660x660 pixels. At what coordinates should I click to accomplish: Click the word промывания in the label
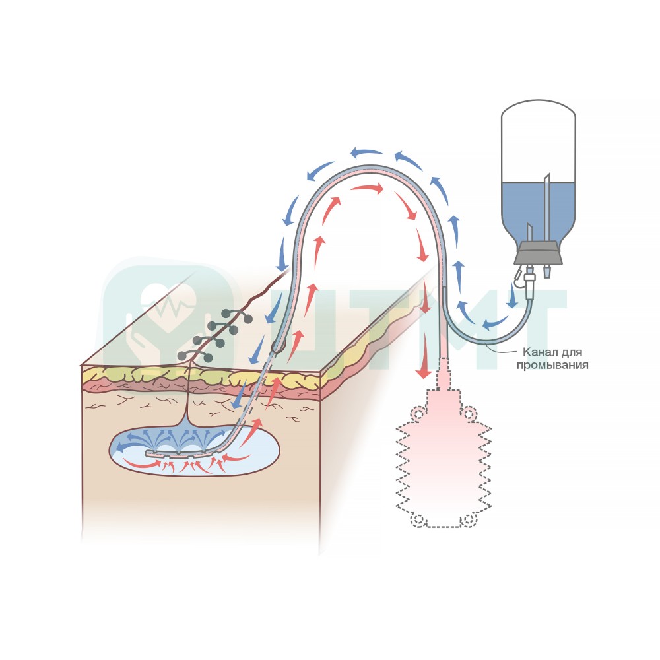552,365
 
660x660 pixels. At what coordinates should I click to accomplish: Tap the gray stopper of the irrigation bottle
539,253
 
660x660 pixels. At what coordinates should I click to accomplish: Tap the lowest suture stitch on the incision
195,356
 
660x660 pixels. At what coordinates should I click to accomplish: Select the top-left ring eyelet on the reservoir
417,413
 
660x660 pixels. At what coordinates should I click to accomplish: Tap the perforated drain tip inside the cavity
182,454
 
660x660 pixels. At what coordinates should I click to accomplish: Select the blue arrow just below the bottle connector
513,294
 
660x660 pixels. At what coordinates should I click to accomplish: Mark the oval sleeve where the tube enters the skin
278,346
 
